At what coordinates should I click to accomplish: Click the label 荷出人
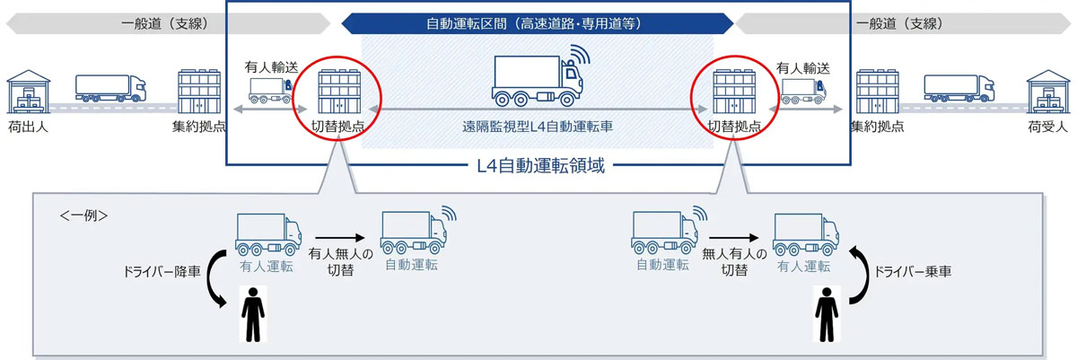tap(28, 127)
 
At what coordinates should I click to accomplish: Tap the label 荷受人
tap(1047, 127)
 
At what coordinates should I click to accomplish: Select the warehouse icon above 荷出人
tap(29, 92)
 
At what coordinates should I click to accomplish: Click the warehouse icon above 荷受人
tap(1048, 92)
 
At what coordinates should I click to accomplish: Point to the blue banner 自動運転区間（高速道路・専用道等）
tap(537, 23)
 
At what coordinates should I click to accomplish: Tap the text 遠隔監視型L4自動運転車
tap(538, 127)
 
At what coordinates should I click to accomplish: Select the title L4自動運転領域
tap(540, 166)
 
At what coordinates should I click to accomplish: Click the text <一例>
tap(83, 215)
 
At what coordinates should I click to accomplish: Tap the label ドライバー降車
tap(162, 272)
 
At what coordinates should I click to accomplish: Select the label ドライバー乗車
tap(913, 272)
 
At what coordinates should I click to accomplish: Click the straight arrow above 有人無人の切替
tap(340, 237)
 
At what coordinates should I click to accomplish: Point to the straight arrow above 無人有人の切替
tap(734, 237)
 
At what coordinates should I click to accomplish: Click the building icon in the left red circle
tap(339, 92)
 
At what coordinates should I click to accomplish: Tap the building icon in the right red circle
tap(734, 92)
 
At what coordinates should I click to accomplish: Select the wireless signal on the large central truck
tap(580, 54)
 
